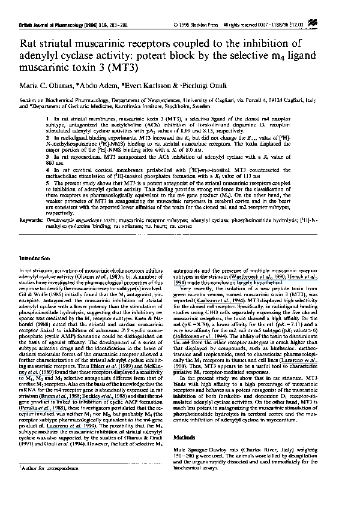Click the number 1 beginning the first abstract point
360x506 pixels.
point(48,121)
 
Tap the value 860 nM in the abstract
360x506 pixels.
point(55,162)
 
